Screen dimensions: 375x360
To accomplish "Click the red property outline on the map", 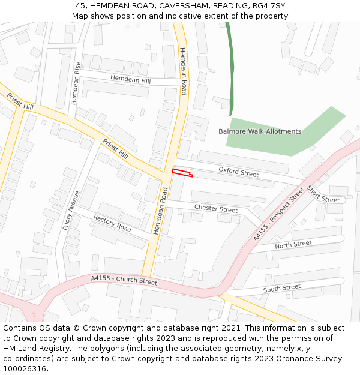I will pos(182,173).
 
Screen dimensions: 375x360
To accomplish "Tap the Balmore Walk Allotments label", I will pos(260,131).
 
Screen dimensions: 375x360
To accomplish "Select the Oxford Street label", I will pos(238,172).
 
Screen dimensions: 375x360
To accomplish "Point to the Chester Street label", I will pos(215,209).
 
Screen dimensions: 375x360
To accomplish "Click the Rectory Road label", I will pos(112,224).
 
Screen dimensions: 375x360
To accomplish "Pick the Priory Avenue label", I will pos(71,211).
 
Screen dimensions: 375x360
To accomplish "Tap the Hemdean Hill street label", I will pos(130,80).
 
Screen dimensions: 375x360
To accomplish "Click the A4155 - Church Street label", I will pos(124,280).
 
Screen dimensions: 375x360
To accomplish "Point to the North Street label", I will pos(293,244).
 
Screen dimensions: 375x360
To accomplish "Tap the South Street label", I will pos(281,289).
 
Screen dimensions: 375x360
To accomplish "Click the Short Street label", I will pos(323,194).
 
